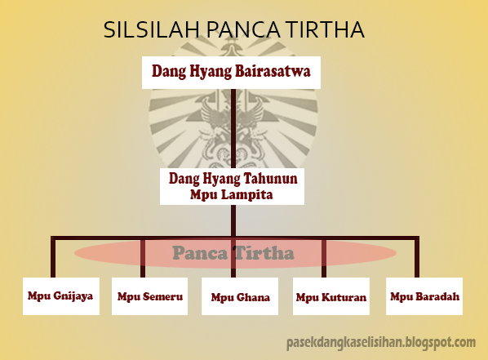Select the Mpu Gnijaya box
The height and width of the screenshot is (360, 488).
tap(55, 296)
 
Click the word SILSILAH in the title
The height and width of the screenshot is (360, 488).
tap(152, 30)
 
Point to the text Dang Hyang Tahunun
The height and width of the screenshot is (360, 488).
tap(233, 178)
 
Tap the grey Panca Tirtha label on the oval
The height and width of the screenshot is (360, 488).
tap(233, 253)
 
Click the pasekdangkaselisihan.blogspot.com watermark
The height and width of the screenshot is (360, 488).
tap(381, 342)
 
